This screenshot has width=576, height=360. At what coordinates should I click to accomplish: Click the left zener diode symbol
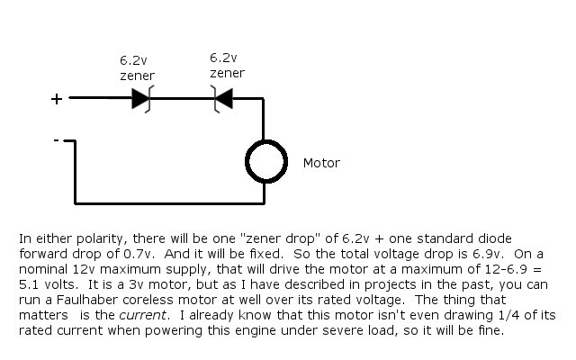141,98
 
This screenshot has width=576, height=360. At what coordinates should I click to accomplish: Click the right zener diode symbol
222,98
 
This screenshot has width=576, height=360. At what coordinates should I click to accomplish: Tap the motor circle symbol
266,162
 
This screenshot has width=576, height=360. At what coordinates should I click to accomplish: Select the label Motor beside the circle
321,163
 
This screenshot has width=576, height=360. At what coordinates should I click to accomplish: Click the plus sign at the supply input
57,99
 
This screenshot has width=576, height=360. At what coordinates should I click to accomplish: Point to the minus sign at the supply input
56,140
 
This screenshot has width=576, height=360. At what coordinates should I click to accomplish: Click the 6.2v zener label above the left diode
137,68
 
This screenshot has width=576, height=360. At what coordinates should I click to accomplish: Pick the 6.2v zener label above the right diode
227,66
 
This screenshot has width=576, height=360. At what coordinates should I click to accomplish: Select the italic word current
142,315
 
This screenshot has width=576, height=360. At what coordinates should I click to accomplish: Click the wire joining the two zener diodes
182,98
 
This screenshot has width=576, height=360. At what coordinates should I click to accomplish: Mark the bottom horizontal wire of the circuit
170,202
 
